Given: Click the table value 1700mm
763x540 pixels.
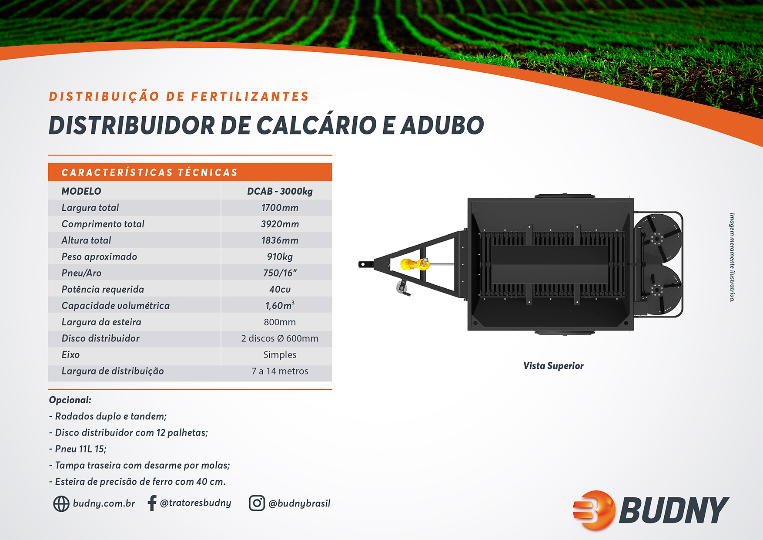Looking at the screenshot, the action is [x=280, y=208].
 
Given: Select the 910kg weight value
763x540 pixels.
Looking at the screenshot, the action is [x=280, y=257].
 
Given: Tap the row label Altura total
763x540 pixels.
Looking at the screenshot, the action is [x=86, y=240].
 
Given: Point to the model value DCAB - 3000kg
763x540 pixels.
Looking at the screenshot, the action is [x=280, y=191].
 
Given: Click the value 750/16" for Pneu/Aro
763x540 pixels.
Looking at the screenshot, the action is [x=280, y=273].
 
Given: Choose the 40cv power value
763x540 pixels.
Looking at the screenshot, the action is [x=280, y=290].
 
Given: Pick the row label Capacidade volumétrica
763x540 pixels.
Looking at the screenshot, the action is [x=115, y=306].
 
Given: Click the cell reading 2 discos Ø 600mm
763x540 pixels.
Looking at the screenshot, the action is [x=280, y=338].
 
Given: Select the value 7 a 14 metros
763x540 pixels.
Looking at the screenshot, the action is [x=280, y=371].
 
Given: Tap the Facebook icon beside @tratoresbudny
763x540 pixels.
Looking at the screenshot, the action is [x=152, y=503].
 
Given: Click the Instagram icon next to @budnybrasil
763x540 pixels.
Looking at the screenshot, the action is [x=257, y=503].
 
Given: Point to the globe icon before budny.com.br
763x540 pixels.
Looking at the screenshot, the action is [x=61, y=503].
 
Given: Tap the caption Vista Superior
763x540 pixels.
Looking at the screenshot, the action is [x=553, y=366].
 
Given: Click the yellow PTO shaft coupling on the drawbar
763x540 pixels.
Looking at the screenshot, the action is [x=414, y=264].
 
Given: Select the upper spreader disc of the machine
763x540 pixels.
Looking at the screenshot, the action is [x=657, y=238].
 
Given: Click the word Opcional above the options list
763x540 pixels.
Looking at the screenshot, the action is [x=70, y=400].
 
